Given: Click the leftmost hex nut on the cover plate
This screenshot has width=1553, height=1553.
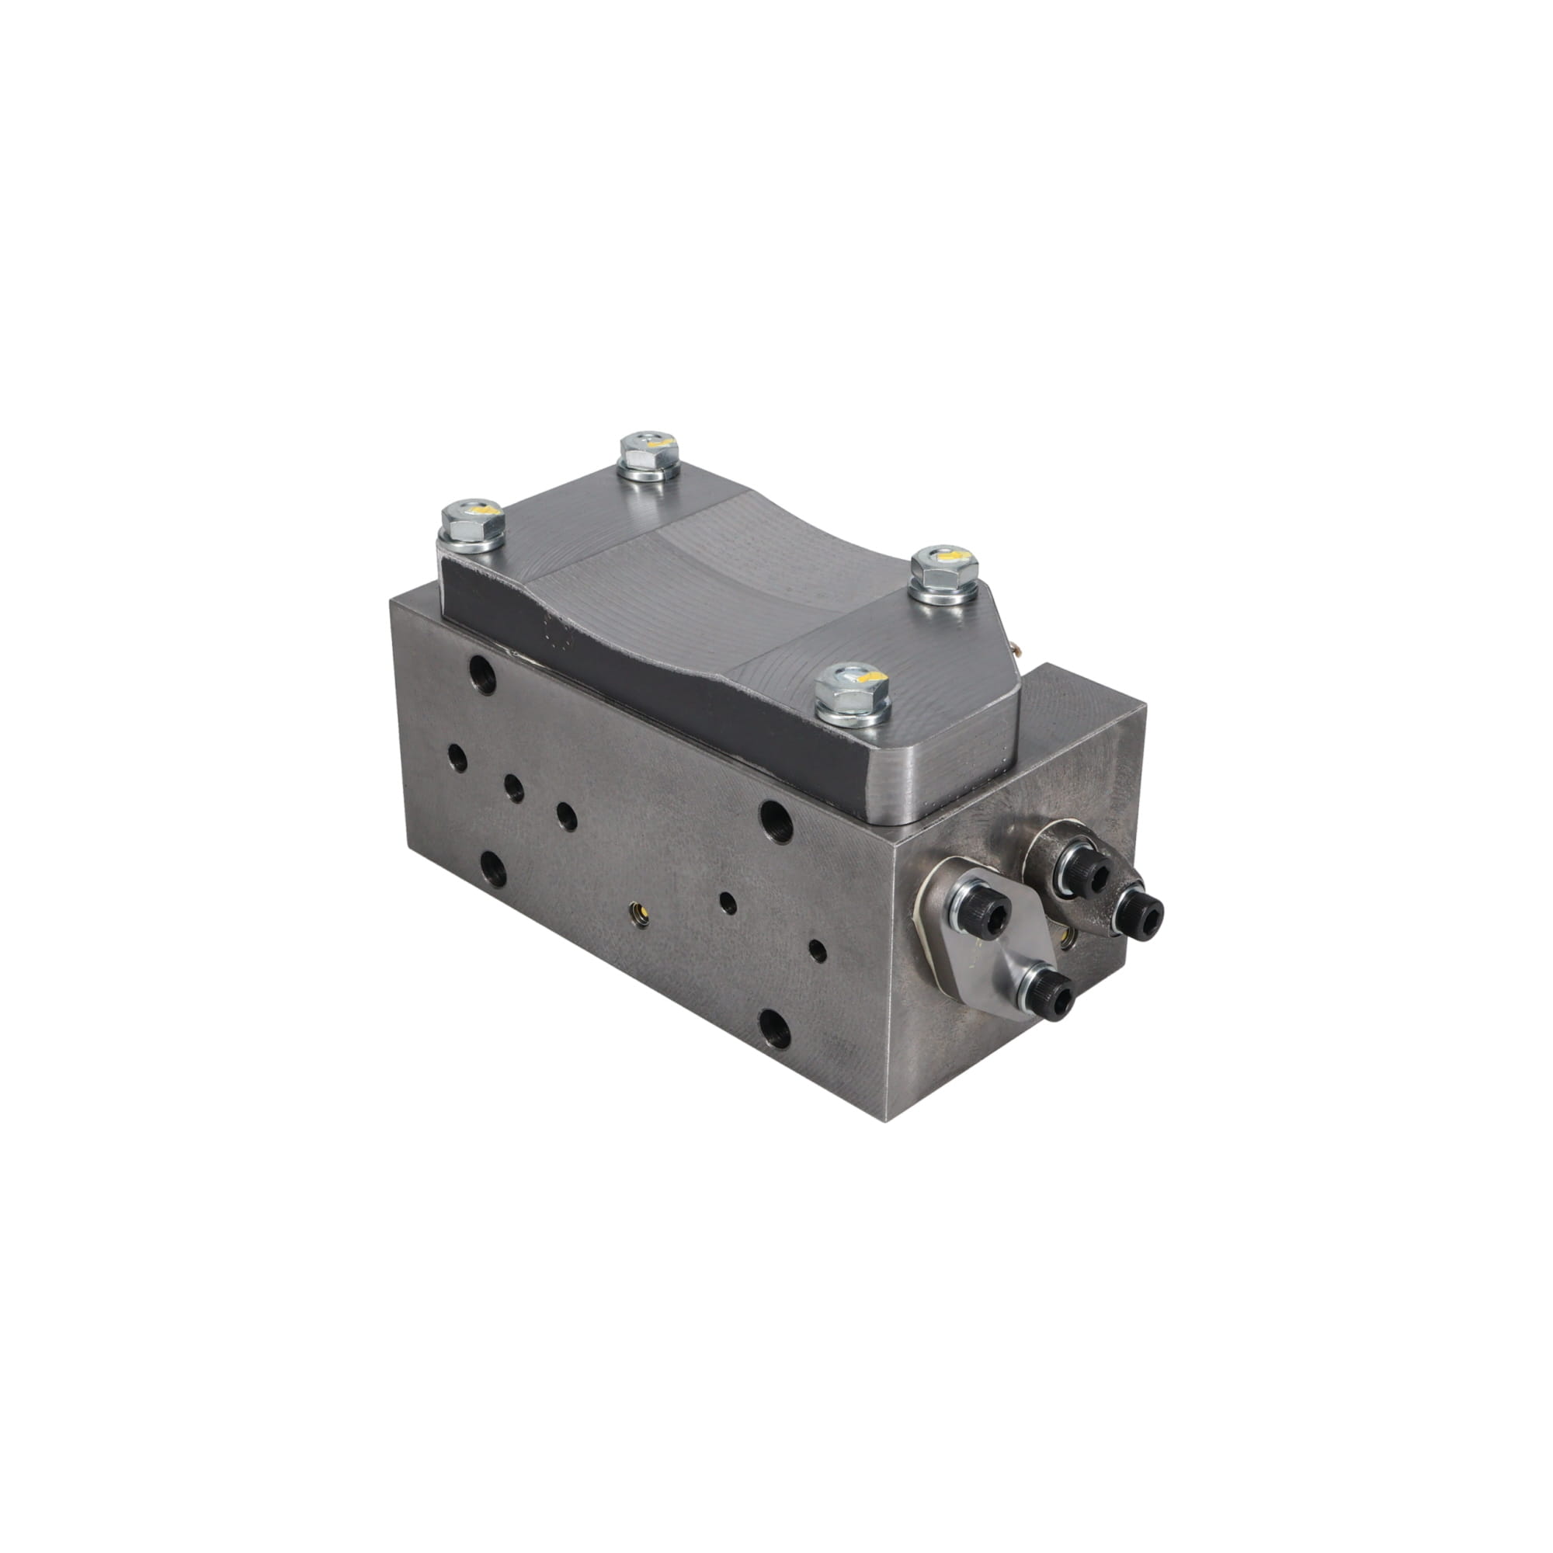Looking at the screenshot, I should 474,523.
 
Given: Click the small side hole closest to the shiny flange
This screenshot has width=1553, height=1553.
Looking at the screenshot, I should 818,951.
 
